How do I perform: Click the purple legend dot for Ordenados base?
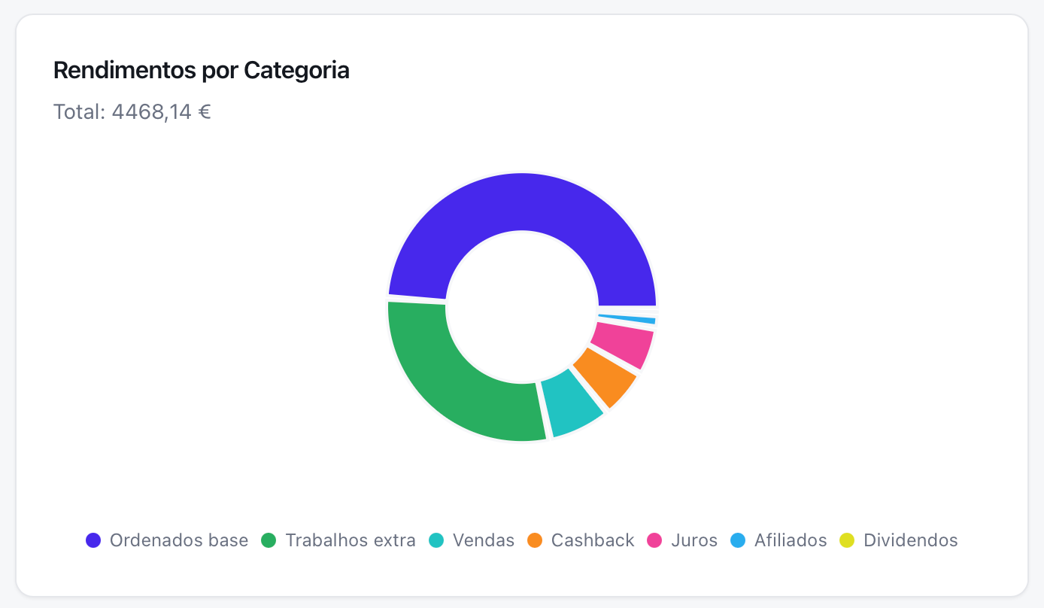coord(93,540)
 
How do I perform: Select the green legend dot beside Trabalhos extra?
coord(269,540)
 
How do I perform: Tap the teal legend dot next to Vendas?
coord(436,540)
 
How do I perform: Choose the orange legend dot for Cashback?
coord(535,540)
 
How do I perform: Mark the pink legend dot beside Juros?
coord(655,540)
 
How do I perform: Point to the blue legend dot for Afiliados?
coord(738,540)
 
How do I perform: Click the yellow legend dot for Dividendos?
coord(848,540)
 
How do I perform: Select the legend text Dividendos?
coord(911,540)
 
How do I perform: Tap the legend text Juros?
coord(694,540)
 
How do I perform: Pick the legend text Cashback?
coord(593,540)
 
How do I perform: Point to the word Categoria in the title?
coord(296,71)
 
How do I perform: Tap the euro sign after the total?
coord(204,112)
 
